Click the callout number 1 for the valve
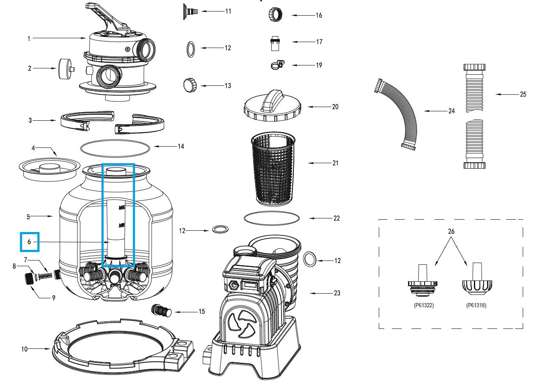(x=29, y=39)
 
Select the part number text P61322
(x=424, y=305)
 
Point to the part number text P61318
(x=476, y=305)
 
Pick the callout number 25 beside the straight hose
(x=523, y=94)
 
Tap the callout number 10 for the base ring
(x=25, y=349)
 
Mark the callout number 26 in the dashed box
(x=451, y=232)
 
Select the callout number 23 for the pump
(x=337, y=293)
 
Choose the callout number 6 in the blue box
(x=29, y=242)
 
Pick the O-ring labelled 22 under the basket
(x=272, y=218)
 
